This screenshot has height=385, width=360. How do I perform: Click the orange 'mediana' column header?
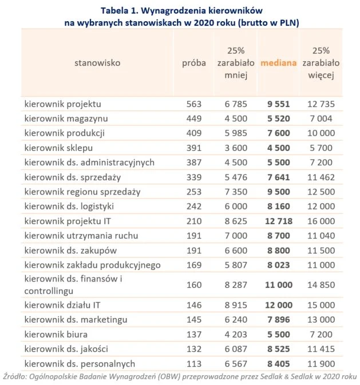[278, 63]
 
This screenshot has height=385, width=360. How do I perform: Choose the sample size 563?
[194, 104]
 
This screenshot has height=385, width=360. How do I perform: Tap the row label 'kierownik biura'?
[56, 334]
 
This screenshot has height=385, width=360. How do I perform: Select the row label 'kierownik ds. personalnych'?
[80, 363]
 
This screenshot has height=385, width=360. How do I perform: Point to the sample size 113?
[194, 363]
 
